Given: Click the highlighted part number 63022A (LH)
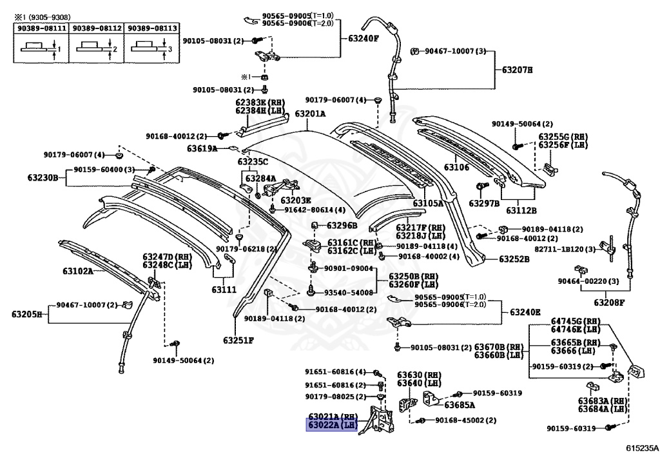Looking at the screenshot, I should click(332, 425).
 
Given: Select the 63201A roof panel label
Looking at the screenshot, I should click(310, 114).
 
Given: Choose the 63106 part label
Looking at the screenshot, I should click(456, 168).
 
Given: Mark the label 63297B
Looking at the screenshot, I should click(485, 203).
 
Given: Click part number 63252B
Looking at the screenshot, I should click(514, 259).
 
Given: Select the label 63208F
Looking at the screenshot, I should click(610, 301).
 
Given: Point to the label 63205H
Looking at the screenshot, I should click(26, 314).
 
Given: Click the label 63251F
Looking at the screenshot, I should click(238, 340).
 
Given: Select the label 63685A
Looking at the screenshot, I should click(460, 406).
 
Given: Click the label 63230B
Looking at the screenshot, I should click(43, 177).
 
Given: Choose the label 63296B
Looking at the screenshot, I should click(342, 225).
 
